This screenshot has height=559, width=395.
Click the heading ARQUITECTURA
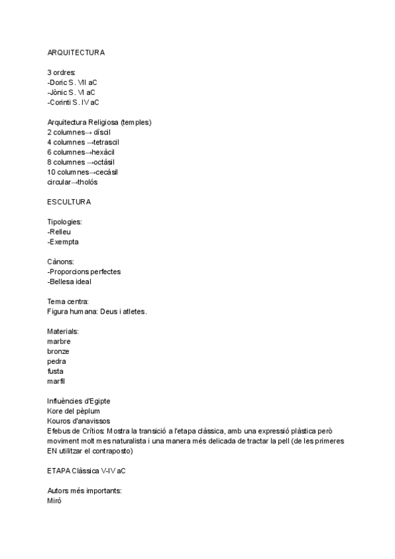76,52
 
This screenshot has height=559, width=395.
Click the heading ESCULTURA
69,201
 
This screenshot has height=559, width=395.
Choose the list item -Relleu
59,231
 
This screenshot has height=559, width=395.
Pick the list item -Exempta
63,241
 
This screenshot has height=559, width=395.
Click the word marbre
59,341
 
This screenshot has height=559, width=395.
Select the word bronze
59,351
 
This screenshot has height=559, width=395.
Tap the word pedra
57,361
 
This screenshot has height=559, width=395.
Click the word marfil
57,381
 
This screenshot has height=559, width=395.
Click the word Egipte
97,401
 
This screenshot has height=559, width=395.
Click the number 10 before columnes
51,171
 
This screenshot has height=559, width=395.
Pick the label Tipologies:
65,221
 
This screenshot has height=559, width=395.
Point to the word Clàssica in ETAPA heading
90,471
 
